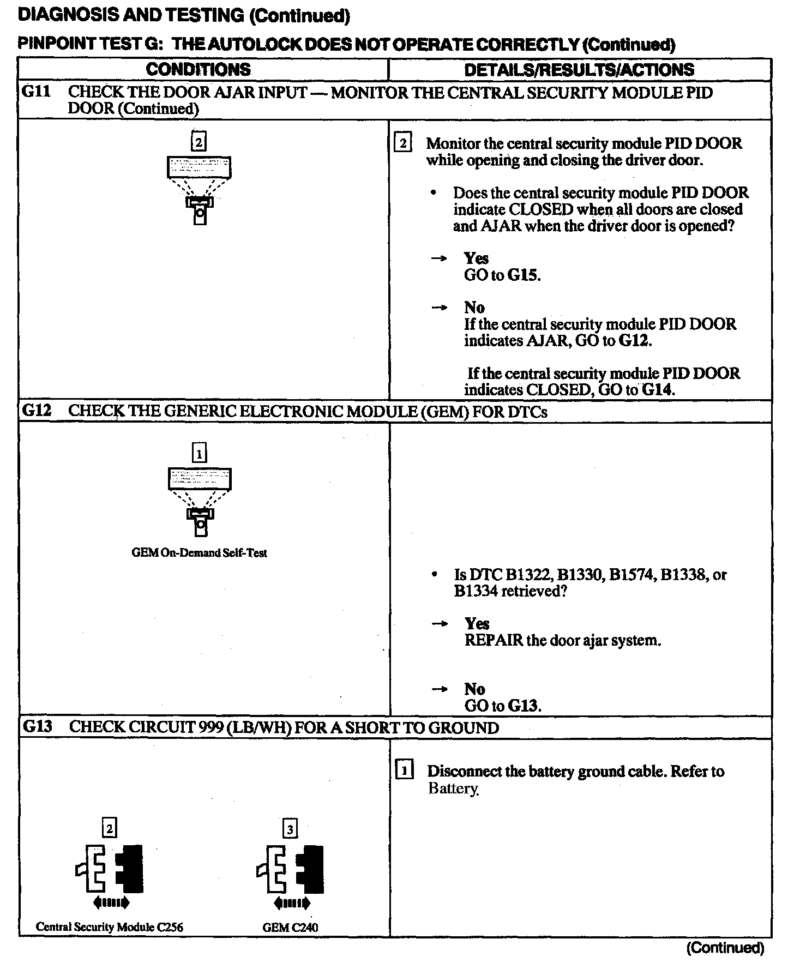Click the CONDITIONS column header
pyautogui.click(x=198, y=69)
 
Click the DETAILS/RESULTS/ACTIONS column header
pyautogui.click(x=579, y=70)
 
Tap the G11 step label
pyautogui.click(x=36, y=92)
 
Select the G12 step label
pyautogui.click(x=37, y=411)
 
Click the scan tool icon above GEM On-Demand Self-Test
pyautogui.click(x=200, y=502)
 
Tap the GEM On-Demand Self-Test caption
pyautogui.click(x=199, y=552)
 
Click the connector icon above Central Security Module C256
pyautogui.click(x=110, y=877)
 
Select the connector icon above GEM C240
pyautogui.click(x=290, y=877)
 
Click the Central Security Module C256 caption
pyautogui.click(x=110, y=926)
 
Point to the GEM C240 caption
pyautogui.click(x=290, y=927)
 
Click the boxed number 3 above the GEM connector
pyautogui.click(x=290, y=829)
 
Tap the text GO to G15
pyautogui.click(x=502, y=275)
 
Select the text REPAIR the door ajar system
pyautogui.click(x=562, y=640)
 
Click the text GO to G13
pyautogui.click(x=502, y=706)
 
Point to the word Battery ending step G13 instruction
pyautogui.click(x=453, y=789)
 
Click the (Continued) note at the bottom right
pyautogui.click(x=725, y=948)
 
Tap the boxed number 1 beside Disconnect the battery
pyautogui.click(x=404, y=771)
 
